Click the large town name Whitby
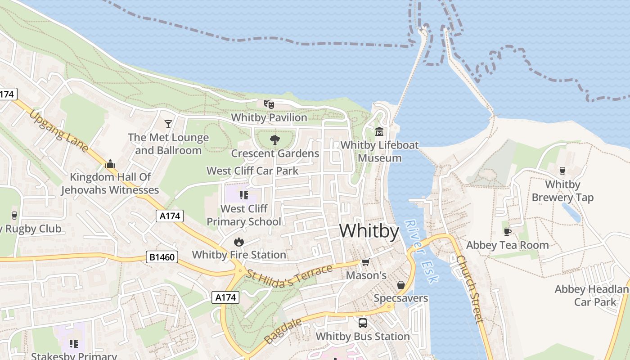point(369,231)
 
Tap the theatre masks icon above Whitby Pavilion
point(269,104)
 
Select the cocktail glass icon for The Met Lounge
point(168,124)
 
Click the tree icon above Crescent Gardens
point(274,140)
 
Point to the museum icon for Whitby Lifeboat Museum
point(379,132)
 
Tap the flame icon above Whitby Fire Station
point(239,242)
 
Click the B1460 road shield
point(162,257)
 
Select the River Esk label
point(421,252)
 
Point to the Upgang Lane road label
point(58,130)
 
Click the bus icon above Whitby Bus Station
point(362,323)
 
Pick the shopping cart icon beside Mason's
point(366,262)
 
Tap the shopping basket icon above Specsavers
point(401,285)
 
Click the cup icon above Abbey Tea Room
point(508,232)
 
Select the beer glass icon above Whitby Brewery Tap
point(562,171)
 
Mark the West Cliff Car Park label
point(252,171)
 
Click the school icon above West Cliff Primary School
point(244,195)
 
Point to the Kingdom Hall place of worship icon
point(110,164)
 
